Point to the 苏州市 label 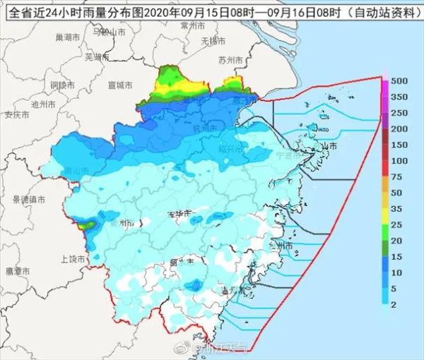(x=230, y=59)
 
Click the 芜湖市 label (x=96, y=56)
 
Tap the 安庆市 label (x=16, y=114)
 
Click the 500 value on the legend (x=400, y=82)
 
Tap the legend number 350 (x=400, y=113)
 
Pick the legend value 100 (x=400, y=160)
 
